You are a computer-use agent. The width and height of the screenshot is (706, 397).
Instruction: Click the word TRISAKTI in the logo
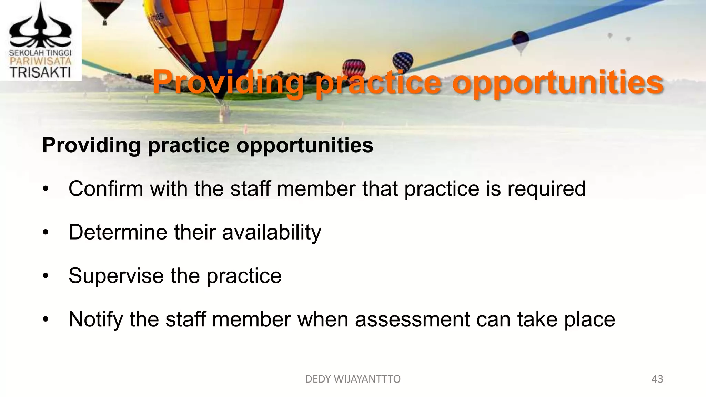tap(40, 72)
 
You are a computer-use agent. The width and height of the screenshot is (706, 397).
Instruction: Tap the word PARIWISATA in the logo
tap(40, 62)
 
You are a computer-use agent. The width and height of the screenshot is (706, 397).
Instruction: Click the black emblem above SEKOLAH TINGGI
tap(40, 28)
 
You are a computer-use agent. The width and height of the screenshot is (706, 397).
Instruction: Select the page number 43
tap(657, 379)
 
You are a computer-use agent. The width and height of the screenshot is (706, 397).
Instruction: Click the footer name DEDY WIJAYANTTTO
tap(353, 379)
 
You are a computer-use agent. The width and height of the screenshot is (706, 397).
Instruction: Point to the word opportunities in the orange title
tap(557, 83)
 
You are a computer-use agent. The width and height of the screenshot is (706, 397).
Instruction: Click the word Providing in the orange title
tap(228, 83)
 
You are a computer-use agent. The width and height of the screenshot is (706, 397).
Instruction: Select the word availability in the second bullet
tap(272, 233)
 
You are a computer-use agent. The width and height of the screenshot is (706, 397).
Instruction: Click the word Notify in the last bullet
tap(95, 319)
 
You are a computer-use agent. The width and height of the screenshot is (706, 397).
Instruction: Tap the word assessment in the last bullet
tap(412, 319)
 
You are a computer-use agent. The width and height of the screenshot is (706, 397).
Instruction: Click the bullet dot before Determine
tap(46, 233)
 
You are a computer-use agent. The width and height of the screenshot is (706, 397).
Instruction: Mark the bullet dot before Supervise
tap(46, 276)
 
